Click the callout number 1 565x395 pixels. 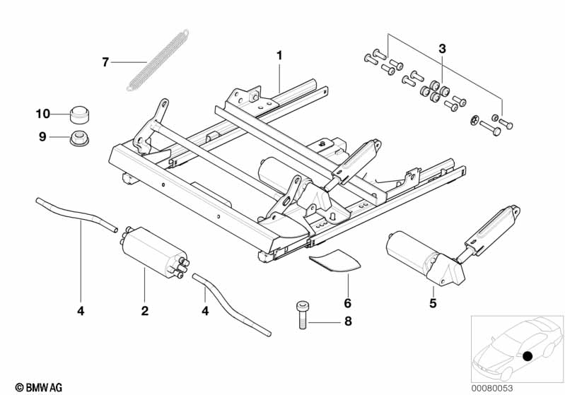(x=279, y=54)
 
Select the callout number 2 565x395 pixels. (x=144, y=310)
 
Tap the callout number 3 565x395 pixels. (x=442, y=49)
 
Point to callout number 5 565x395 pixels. (x=433, y=304)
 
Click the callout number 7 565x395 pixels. (x=105, y=62)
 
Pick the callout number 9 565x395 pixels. (x=42, y=136)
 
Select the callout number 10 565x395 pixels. (x=42, y=113)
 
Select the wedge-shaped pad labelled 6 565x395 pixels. (x=336, y=260)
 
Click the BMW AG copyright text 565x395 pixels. (x=39, y=387)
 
